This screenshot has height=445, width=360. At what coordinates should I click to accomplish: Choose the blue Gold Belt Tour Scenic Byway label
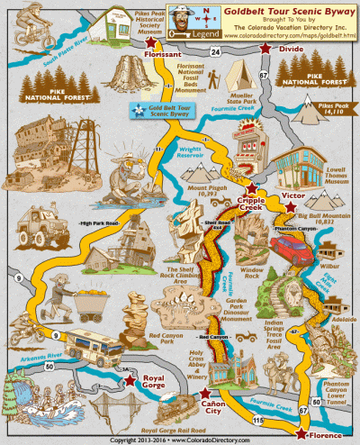pyautogui.click(x=165, y=111)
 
